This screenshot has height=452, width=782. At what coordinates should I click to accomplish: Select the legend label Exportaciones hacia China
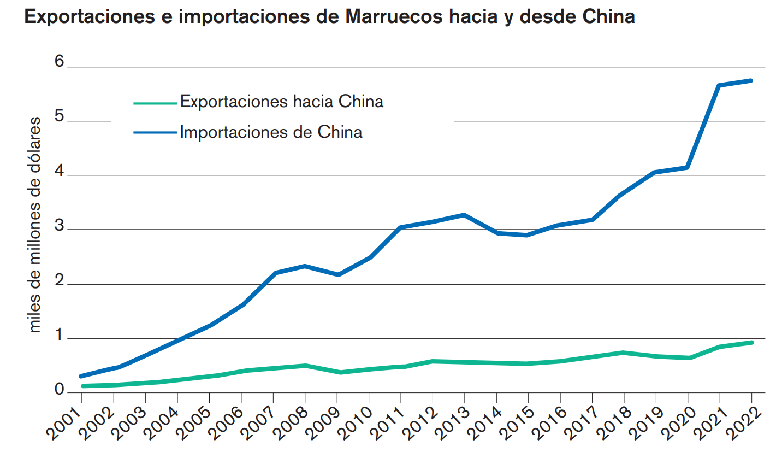coord(281,102)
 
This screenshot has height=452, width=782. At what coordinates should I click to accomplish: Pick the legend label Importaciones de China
coord(271,132)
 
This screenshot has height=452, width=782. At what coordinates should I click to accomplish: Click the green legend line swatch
coord(155,102)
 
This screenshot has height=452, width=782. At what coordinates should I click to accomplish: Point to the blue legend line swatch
coord(155,132)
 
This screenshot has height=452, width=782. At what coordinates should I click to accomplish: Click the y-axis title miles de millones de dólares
coord(35,224)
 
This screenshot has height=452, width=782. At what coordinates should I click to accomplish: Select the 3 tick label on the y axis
coord(59,227)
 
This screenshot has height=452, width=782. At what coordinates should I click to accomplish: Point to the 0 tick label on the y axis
coord(59,390)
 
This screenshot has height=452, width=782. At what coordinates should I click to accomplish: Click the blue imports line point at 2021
coord(719,85)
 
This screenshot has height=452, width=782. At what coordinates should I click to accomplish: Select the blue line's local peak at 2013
coord(464,215)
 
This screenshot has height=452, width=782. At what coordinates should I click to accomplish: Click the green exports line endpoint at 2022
coord(751,343)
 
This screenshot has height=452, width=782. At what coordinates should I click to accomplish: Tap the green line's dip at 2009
coord(339,372)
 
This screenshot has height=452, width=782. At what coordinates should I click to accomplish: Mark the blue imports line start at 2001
coord(81,376)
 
